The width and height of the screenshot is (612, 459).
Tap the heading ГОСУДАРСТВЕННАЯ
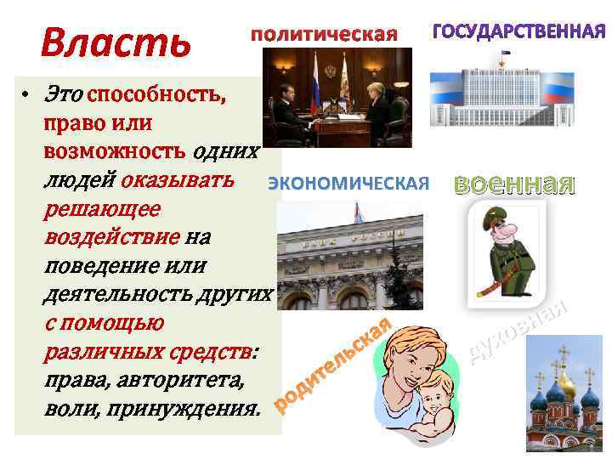[x=519, y=32]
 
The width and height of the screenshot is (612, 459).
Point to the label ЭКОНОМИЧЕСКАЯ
[x=349, y=183]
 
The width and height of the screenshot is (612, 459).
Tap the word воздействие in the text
[x=110, y=236]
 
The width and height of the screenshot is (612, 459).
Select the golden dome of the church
[x=564, y=387]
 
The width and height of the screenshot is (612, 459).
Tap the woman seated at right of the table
[x=377, y=106]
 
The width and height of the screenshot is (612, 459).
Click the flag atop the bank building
[x=359, y=209]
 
